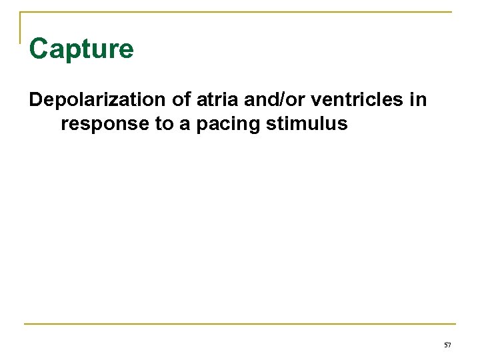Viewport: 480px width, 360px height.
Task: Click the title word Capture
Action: tap(81, 49)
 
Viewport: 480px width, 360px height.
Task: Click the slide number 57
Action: tap(447, 344)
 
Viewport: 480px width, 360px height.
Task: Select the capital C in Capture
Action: tap(39, 49)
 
